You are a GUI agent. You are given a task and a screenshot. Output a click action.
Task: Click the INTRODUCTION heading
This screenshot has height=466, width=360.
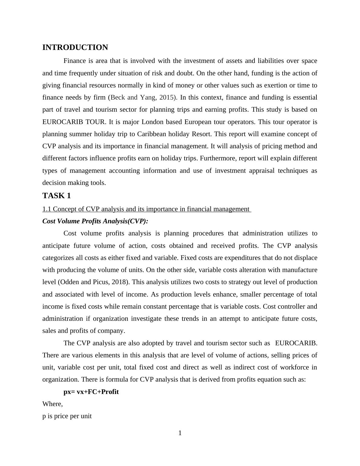click(75, 48)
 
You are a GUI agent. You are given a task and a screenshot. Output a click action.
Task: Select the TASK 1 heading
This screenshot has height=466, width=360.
click(57, 196)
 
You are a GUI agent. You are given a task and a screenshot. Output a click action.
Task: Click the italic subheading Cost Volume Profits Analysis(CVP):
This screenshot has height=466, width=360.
click(95, 221)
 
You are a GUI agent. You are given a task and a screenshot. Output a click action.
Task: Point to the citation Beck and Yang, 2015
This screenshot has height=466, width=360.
click(142, 97)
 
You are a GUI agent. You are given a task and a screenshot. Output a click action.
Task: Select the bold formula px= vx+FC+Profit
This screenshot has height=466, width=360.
click(91, 392)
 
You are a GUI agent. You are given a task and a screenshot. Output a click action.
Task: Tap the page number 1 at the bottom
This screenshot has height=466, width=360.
click(180, 433)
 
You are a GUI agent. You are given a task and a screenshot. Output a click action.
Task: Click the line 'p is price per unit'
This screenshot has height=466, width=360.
click(67, 416)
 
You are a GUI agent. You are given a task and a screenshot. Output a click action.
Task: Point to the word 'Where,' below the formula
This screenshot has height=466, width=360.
click(52, 404)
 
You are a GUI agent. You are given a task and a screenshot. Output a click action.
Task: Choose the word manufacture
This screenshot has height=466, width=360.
click(299, 270)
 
